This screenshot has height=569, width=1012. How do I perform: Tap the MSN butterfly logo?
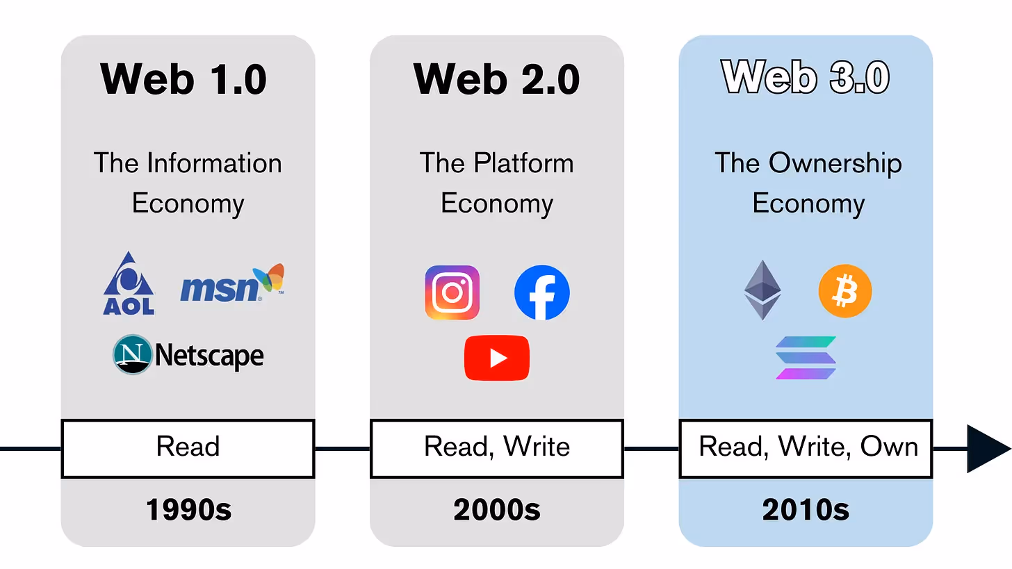point(231,283)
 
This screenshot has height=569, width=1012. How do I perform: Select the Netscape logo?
point(188,355)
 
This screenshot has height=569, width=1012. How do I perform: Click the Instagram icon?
point(452,292)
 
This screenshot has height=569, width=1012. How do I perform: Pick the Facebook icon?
point(542,292)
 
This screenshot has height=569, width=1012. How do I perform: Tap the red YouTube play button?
point(497,358)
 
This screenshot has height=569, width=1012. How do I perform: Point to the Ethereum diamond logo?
point(762,290)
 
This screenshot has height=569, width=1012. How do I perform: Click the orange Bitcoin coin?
point(845,291)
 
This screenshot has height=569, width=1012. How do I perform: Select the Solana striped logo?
point(806,358)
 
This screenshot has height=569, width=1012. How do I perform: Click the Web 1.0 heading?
point(184,78)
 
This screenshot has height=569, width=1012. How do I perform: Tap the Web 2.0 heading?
point(497,78)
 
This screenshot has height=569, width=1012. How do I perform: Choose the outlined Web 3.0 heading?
point(806,76)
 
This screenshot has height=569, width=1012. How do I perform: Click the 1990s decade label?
point(188,511)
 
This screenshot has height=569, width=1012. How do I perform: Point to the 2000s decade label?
point(497,511)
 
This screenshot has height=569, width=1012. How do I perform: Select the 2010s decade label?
point(806,511)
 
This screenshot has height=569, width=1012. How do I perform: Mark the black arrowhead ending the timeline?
point(988,448)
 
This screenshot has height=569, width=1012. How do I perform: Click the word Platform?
point(523,163)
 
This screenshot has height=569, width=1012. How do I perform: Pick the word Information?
point(214,163)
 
